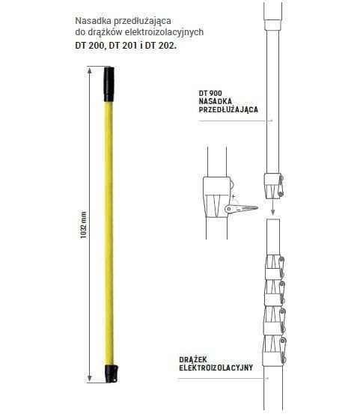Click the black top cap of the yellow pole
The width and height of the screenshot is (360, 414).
pos(109,83)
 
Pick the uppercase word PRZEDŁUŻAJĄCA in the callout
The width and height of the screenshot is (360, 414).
pos(229,109)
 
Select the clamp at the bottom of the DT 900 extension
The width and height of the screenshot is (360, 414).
pos(272,182)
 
